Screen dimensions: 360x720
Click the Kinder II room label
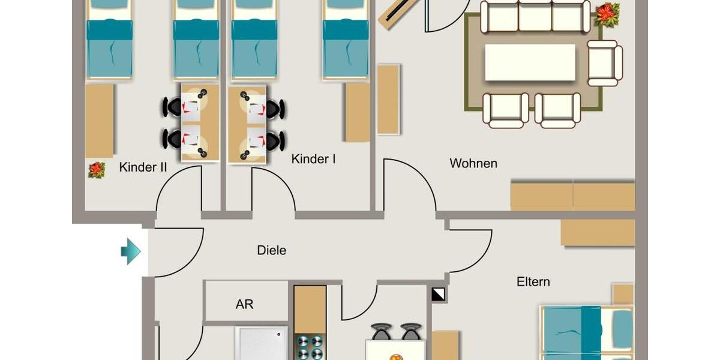(143, 167)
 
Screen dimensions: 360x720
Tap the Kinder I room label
(313, 160)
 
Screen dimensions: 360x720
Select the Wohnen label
(473, 163)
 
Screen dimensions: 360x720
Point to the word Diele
(271, 250)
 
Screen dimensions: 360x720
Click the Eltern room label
(533, 281)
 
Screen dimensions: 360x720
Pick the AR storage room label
(244, 304)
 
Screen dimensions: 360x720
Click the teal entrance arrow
(130, 251)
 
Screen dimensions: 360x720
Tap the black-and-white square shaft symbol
(439, 295)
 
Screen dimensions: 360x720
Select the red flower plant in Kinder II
(97, 170)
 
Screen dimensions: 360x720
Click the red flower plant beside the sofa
(607, 14)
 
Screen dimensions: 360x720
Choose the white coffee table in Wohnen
(530, 62)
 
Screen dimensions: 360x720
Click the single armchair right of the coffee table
(604, 63)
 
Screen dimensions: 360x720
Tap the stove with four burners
(310, 346)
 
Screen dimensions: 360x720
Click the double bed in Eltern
(585, 333)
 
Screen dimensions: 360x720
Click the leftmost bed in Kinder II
(109, 42)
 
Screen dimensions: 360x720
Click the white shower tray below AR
(262, 344)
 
